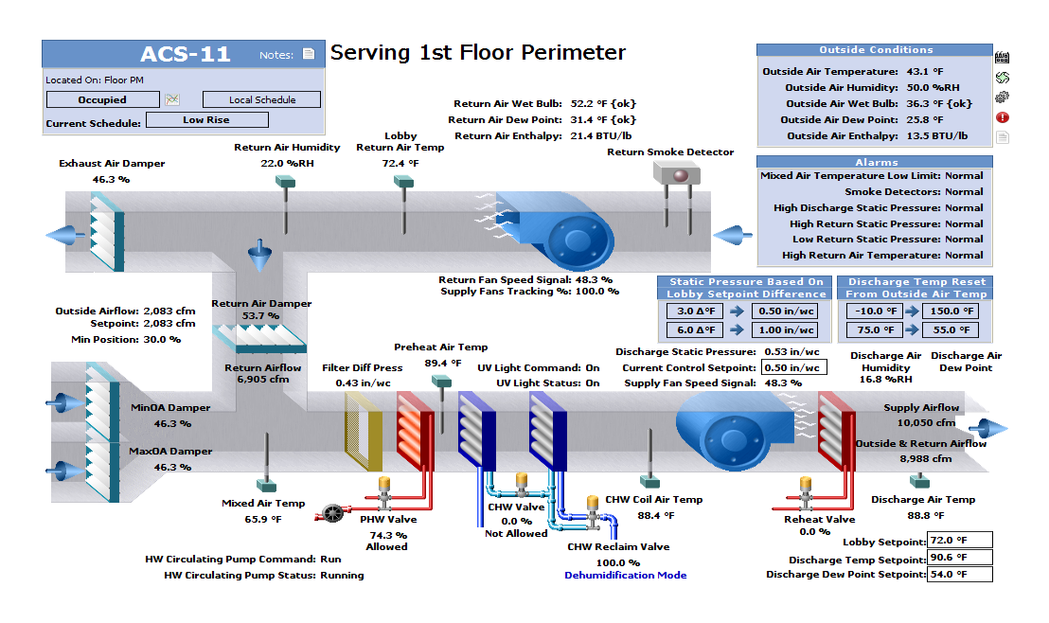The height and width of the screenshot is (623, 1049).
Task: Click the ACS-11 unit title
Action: pyautogui.click(x=185, y=54)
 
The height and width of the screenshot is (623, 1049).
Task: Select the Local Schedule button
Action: pyautogui.click(x=261, y=99)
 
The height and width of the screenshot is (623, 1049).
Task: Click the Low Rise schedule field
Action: pyautogui.click(x=206, y=120)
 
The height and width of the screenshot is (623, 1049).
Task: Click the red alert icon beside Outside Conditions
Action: pyautogui.click(x=1003, y=117)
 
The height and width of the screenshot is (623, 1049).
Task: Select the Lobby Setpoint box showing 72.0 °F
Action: pyautogui.click(x=960, y=541)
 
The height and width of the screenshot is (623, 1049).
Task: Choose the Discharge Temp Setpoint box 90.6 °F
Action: pyautogui.click(x=960, y=558)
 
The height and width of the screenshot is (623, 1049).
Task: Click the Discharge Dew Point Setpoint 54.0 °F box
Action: pyautogui.click(x=960, y=575)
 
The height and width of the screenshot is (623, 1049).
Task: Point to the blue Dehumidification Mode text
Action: pyautogui.click(x=625, y=575)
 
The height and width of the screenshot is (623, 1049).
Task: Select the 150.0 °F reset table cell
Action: pyautogui.click(x=952, y=311)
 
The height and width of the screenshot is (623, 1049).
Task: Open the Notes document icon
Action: pyautogui.click(x=309, y=55)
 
